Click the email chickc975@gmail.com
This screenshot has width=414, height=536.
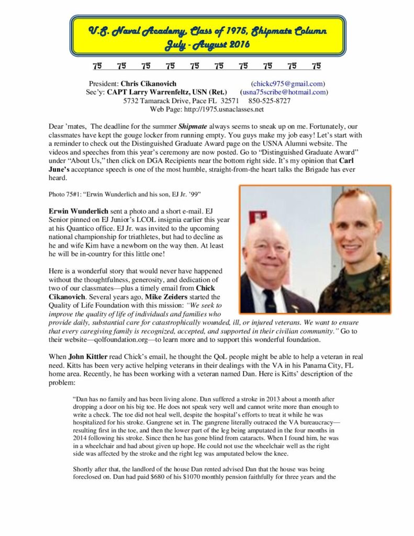tap(288, 83)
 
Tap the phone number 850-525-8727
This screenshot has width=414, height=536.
tap(269, 100)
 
